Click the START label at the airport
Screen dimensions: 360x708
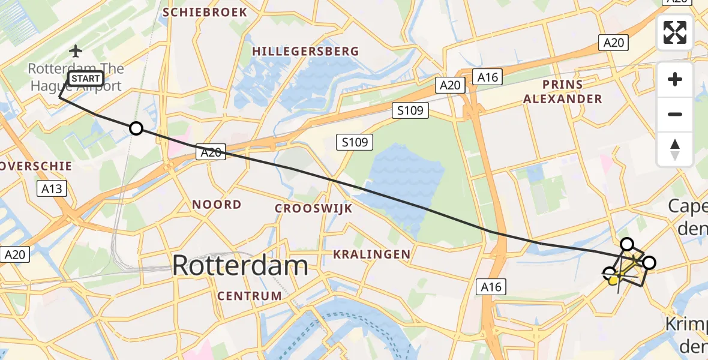[x=86, y=79]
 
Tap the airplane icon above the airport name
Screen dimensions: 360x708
[x=76, y=51]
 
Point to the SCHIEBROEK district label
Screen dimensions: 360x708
[x=205, y=12]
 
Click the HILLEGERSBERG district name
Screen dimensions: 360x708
[x=305, y=52]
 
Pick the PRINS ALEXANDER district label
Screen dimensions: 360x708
[x=563, y=91]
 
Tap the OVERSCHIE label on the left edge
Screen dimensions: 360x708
[x=36, y=166]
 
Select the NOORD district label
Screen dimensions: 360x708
[x=217, y=205]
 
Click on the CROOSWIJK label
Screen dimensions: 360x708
[x=313, y=208]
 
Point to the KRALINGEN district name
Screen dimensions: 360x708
[x=372, y=254]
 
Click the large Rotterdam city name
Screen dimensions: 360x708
[x=240, y=266]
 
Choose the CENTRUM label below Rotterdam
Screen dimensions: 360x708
[x=250, y=296]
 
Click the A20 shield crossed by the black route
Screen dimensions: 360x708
[x=211, y=153]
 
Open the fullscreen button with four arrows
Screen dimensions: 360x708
[x=675, y=32]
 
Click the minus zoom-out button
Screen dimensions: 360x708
[x=675, y=114]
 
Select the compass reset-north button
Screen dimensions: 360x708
[x=675, y=149]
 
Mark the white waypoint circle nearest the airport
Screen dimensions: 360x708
[x=136, y=128]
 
